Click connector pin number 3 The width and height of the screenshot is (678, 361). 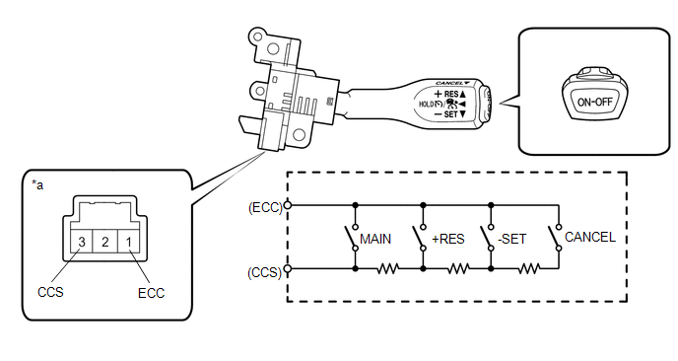coord(82,242)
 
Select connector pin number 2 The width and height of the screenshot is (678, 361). coord(105,242)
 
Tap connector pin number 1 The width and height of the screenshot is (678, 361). coord(128,242)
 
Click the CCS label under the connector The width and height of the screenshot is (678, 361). coord(50,292)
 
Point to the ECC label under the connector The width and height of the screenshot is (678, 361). coord(152,293)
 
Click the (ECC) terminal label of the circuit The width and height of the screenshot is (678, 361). coord(265,208)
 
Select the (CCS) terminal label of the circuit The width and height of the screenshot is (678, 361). coord(265,272)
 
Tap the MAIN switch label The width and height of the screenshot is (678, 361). coord(375,239)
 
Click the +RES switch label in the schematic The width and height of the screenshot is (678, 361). coord(448,239)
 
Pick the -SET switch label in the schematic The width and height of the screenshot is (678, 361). coord(512,239)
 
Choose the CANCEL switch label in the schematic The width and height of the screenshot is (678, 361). coord(590,237)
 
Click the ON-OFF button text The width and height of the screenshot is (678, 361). coord(595,103)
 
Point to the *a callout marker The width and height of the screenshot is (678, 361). coord(37,185)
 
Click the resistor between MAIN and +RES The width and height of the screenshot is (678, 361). coord(388,269)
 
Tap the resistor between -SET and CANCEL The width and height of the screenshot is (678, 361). coord(529,269)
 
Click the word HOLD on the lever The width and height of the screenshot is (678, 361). coord(426,105)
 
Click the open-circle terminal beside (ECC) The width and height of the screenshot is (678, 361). coord(287,205)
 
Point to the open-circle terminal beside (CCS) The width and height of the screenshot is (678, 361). coord(287,269)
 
